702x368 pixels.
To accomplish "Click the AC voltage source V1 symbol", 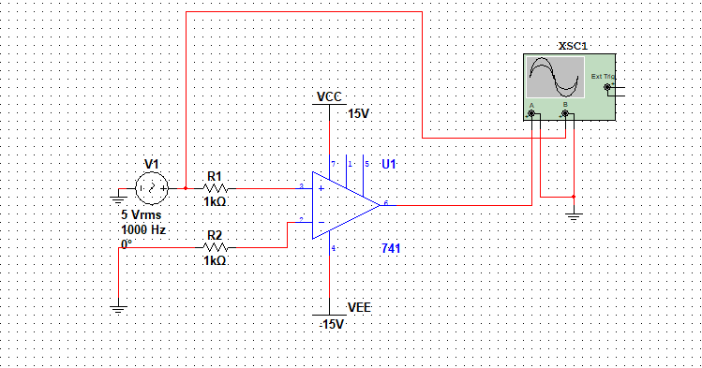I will (x=151, y=188).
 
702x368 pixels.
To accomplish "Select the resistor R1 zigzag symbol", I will (x=215, y=188).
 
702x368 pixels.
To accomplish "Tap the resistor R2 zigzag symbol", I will (x=215, y=248).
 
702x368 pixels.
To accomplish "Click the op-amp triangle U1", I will (x=342, y=204).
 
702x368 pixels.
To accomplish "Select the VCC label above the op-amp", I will (x=329, y=96).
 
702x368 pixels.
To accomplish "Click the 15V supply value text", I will (x=359, y=113).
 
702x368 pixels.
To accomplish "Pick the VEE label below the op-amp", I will (x=359, y=307).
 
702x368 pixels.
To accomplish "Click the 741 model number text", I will (x=392, y=248).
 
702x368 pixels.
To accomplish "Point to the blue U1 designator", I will (x=389, y=164).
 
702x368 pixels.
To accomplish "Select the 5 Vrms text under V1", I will (x=142, y=213).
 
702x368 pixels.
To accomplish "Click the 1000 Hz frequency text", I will (x=143, y=229).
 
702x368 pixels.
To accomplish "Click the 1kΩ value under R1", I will (x=215, y=201).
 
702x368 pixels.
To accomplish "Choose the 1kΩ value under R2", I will (x=215, y=261).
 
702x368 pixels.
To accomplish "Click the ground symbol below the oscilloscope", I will (x=574, y=216).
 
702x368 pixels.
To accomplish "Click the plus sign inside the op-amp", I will (x=321, y=188).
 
